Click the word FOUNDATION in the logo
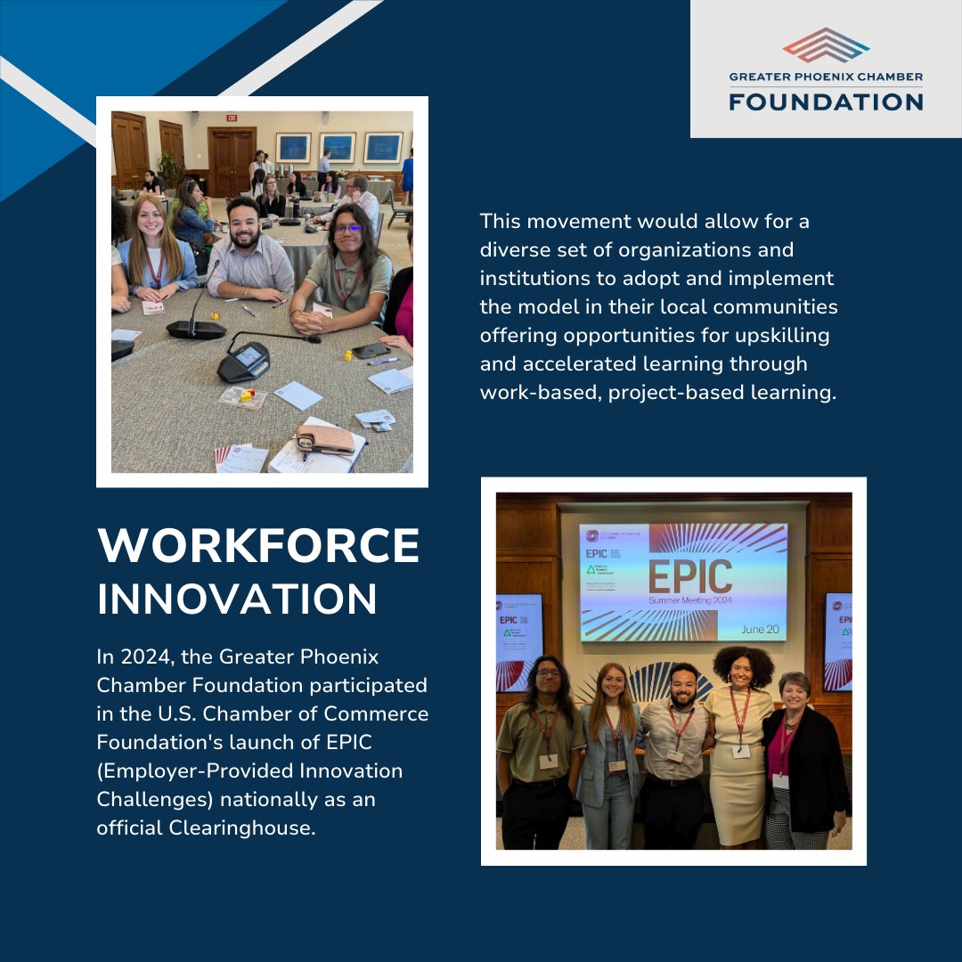pos(826,101)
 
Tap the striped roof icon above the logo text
pos(826,45)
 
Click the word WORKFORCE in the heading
pos(258,545)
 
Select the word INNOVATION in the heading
pos(237,599)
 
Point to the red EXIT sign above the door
pos(232,118)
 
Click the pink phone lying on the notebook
pos(325,437)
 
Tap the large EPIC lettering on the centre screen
pos(689,576)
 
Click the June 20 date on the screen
pos(759,629)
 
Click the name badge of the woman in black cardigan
pos(780,780)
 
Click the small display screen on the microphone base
pos(247,355)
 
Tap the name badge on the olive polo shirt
pos(550,762)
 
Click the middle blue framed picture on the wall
pos(338,147)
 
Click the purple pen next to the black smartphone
pos(385,361)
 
